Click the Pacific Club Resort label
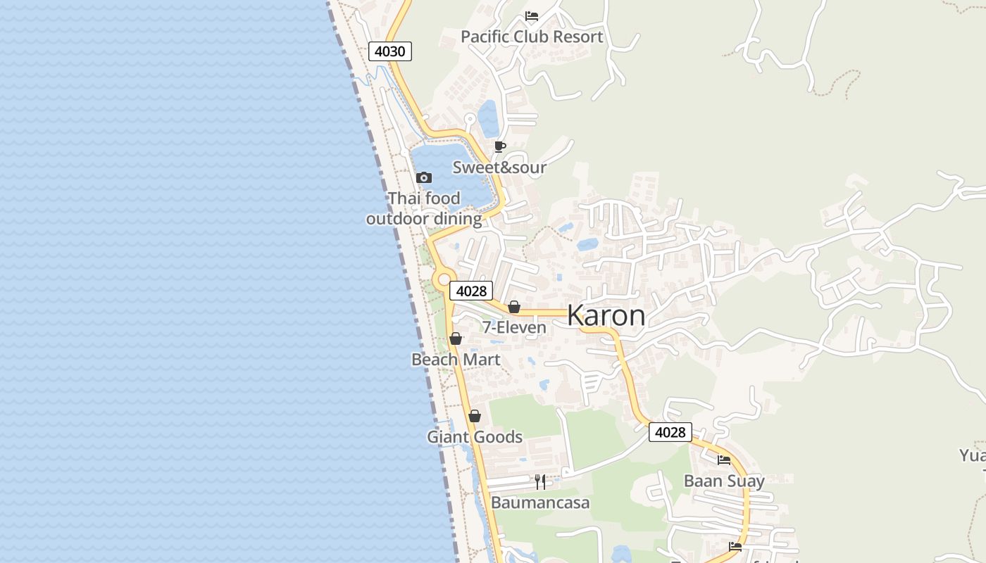(x=532, y=37)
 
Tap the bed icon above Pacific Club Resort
(x=532, y=16)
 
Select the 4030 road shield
(x=389, y=51)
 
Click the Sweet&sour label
(x=499, y=167)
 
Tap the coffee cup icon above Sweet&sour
(x=499, y=147)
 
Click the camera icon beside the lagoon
(x=423, y=177)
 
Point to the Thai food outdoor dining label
(x=424, y=208)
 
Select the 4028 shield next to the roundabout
(x=470, y=291)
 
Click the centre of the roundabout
(x=444, y=280)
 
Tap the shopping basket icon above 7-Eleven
(x=514, y=308)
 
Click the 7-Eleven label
(x=514, y=327)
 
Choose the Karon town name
(x=606, y=315)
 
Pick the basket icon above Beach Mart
(x=456, y=339)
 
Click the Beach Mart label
(x=456, y=360)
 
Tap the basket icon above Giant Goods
(x=475, y=417)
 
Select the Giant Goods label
(x=475, y=437)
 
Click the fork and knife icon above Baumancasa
(x=540, y=482)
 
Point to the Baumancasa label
(x=540, y=502)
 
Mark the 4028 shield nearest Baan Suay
(x=670, y=432)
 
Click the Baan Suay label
(x=724, y=481)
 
